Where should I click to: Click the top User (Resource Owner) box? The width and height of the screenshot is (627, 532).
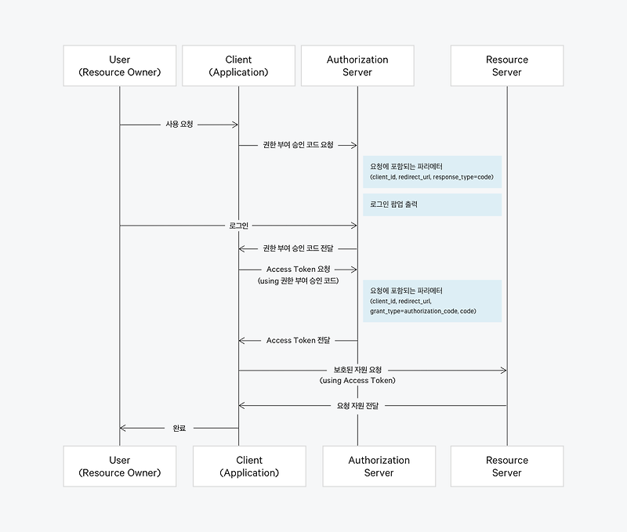120,66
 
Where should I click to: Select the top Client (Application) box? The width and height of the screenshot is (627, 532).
238,66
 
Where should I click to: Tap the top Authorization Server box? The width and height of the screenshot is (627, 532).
357,66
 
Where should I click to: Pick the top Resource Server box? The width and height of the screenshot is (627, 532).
507,66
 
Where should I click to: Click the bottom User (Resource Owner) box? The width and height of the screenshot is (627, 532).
120,466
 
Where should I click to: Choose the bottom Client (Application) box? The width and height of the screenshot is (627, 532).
249,466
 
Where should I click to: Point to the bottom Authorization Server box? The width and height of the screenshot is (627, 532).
379,466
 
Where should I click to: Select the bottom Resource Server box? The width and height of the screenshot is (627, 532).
507,466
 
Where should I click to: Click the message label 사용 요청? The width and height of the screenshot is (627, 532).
179,125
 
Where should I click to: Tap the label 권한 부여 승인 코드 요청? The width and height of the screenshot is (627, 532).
298,145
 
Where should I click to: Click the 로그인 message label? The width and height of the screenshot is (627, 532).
238,226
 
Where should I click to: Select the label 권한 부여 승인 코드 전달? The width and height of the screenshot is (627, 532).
298,248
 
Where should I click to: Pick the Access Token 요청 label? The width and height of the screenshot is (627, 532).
298,270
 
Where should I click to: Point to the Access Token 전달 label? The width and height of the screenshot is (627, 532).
298,341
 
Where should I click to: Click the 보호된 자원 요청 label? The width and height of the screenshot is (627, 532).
357,370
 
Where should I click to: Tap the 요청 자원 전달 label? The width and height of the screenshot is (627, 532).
357,406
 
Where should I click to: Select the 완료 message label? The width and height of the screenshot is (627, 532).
179,429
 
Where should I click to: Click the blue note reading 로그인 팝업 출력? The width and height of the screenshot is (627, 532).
432,204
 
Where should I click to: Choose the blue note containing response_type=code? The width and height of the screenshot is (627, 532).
432,172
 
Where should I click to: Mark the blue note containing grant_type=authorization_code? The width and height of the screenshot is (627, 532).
432,301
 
